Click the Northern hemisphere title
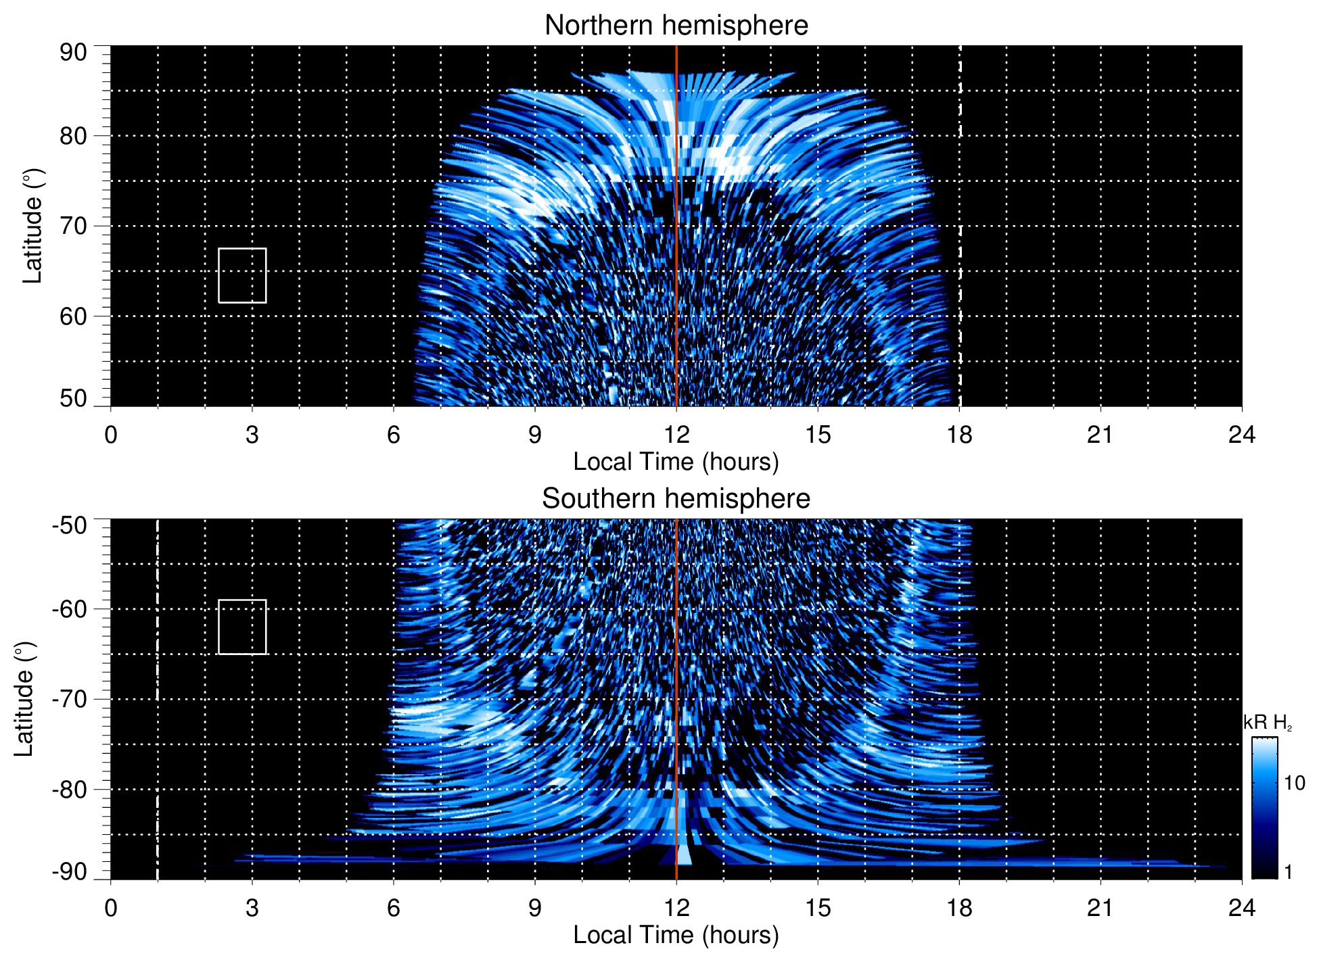[x=676, y=26]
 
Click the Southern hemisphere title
[x=676, y=499]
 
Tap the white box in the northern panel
[x=242, y=275]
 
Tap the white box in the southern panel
[x=242, y=627]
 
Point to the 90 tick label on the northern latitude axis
[x=73, y=53]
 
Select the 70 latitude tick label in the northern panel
[x=73, y=226]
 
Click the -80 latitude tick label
[x=69, y=789]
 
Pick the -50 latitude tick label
[x=69, y=525]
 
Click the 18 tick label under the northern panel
[x=959, y=435]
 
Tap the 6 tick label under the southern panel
[x=394, y=908]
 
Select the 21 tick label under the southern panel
[x=1101, y=908]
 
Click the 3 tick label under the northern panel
[x=252, y=435]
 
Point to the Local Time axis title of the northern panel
[x=676, y=462]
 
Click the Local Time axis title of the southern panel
[x=676, y=936]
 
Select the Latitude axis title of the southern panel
[x=24, y=699]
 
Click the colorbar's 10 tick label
[x=1294, y=784]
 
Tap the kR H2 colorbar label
[x=1268, y=723]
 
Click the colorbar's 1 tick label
[x=1288, y=872]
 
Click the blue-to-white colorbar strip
[x=1264, y=808]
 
